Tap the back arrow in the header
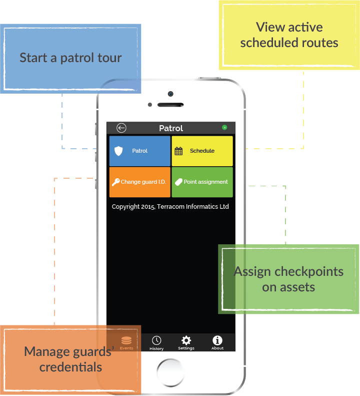pos(121,128)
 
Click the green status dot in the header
pos(224,128)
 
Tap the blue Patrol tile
pos(140,151)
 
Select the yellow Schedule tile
pos(202,151)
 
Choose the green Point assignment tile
pos(202,182)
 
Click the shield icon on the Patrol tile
pos(118,151)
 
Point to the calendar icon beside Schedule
pos(178,151)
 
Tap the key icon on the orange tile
pos(115,182)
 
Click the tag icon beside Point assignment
pos(178,182)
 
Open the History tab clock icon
pos(156,340)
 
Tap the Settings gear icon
pos(186,340)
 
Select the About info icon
pos(217,340)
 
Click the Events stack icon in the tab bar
pos(126,340)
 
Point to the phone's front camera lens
pos(170,94)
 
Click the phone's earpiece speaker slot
pos(170,105)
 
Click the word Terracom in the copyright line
pos(171,207)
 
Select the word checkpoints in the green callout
pos(309,272)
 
